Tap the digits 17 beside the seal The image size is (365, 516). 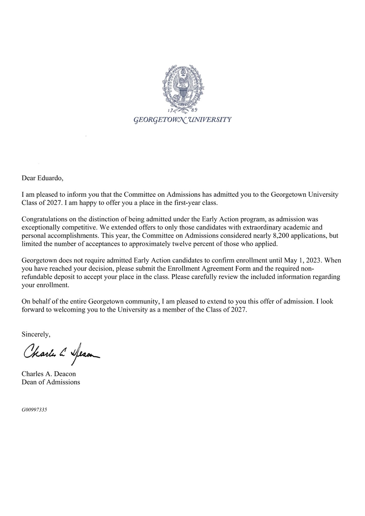[x=170, y=111]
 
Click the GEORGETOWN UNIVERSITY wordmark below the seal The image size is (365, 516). [x=182, y=119]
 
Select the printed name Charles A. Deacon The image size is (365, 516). [x=48, y=374]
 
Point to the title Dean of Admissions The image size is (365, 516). [x=51, y=382]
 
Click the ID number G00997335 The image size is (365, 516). [x=34, y=410]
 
